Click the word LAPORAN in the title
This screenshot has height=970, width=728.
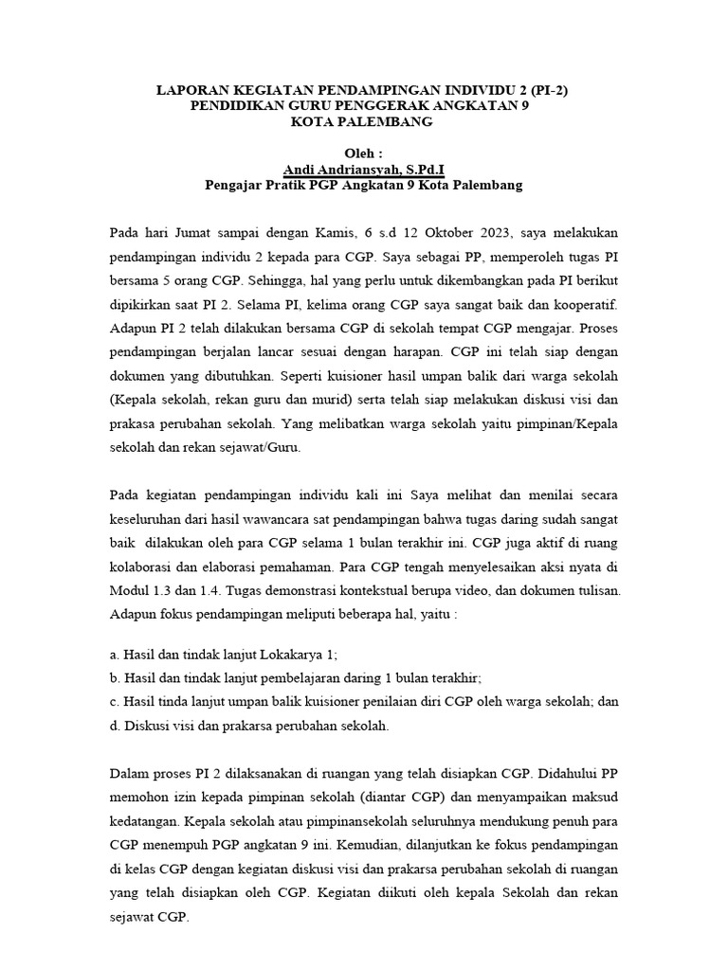(192, 91)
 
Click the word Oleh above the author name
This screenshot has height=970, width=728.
(363, 153)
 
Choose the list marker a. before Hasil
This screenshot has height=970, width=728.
(115, 655)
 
